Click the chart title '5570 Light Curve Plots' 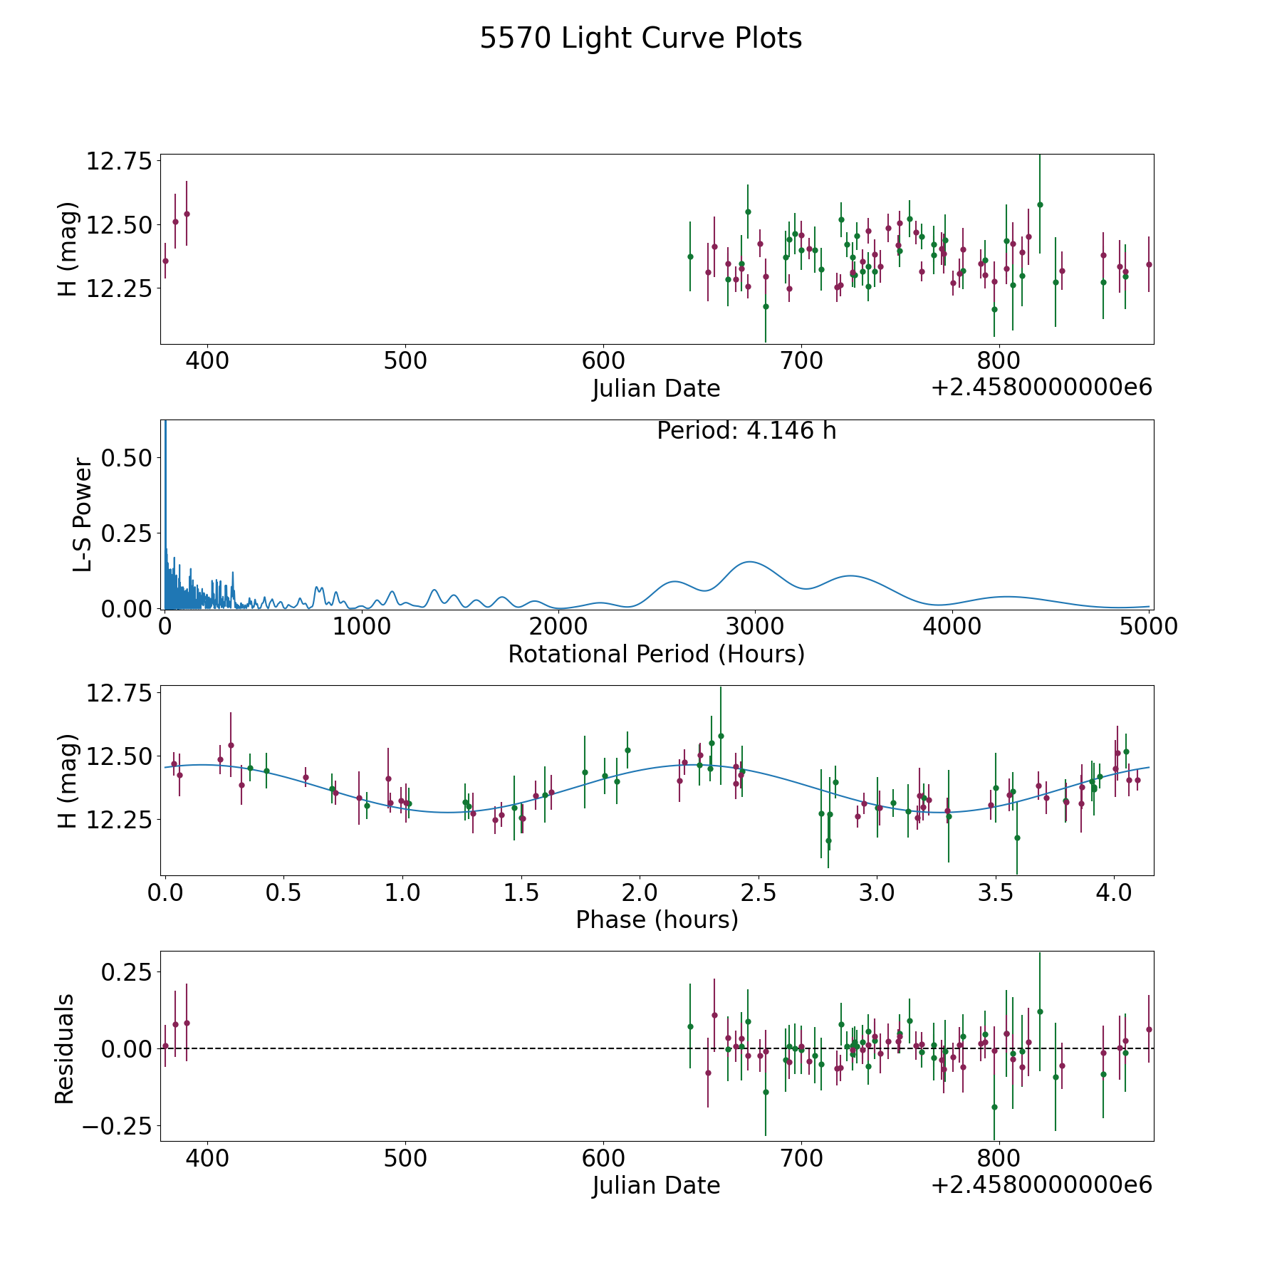(641, 38)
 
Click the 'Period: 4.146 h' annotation (746, 431)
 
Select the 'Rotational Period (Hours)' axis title (656, 654)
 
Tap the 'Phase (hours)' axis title (657, 919)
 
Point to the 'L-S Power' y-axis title (83, 515)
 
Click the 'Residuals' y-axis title (65, 1048)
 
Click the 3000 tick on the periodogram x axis (754, 626)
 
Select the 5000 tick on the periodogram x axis (1148, 626)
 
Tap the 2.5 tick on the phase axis (759, 892)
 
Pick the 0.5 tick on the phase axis (283, 892)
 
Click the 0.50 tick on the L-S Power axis (127, 457)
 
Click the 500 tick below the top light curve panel (405, 360)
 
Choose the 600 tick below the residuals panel (603, 1158)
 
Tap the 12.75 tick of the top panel (120, 161)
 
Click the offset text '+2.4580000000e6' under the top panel (1041, 387)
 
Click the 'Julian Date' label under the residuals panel (656, 1186)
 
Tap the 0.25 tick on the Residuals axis (127, 971)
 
